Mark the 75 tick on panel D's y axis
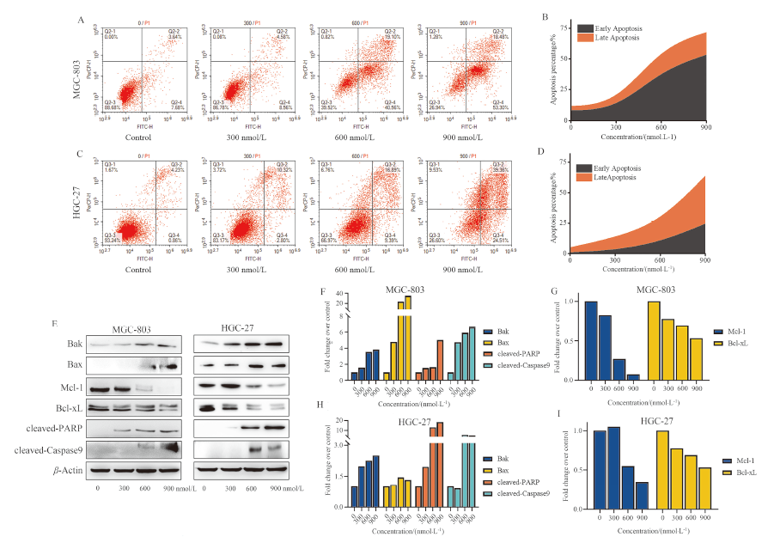point(563,159)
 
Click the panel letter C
point(81,155)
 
